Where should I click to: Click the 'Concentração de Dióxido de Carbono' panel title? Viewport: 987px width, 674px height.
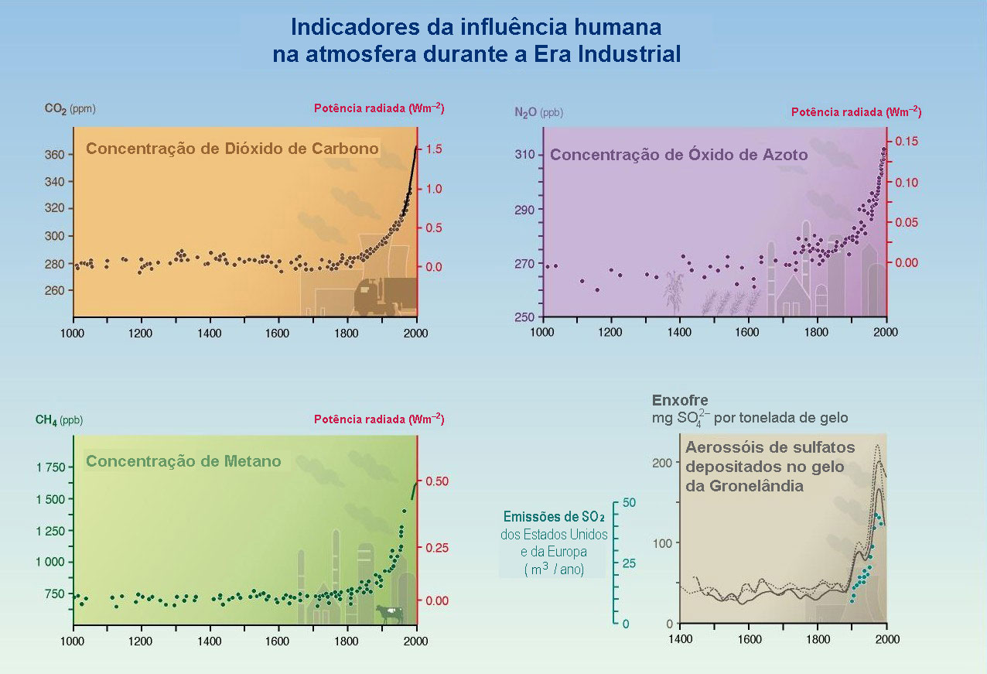click(232, 148)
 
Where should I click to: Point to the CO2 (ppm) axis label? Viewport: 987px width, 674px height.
click(70, 109)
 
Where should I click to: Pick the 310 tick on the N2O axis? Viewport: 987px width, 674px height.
click(526, 155)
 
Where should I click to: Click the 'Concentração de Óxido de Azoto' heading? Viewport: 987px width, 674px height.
click(678, 155)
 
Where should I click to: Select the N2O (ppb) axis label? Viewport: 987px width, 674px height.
click(538, 112)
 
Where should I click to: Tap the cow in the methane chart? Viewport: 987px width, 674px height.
click(390, 614)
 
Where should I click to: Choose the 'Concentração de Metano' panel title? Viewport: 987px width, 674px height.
click(183, 461)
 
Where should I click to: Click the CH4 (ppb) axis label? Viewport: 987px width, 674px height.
click(59, 420)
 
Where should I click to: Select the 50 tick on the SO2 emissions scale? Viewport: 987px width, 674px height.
click(629, 502)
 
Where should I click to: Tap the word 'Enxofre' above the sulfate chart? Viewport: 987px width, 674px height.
click(680, 401)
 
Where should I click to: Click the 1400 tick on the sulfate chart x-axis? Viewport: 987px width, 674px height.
click(680, 640)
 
